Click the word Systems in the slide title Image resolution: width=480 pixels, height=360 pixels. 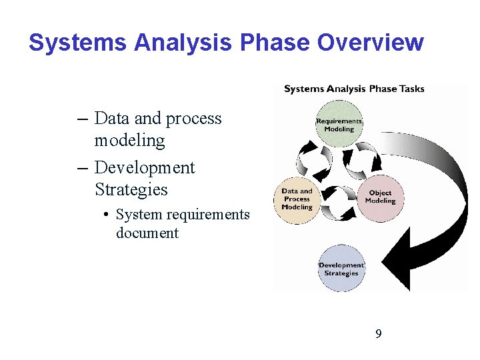pos(78,43)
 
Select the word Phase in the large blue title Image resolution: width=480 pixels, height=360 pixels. pos(275,43)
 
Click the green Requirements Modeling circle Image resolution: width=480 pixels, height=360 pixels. pos(339,125)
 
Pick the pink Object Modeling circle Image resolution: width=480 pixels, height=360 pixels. pos(381,197)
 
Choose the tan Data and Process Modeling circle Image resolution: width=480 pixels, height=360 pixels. pos(297,199)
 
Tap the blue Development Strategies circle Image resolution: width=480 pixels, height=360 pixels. pos(341,269)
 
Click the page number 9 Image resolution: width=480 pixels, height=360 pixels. pos(379,333)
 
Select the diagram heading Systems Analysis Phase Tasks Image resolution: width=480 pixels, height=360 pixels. pos(354,89)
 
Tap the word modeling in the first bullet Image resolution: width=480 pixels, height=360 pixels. pos(129,141)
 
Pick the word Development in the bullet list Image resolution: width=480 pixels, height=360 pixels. pos(145,167)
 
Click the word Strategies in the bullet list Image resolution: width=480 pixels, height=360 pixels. pos(131,189)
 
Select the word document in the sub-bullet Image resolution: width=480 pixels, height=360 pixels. pos(147,233)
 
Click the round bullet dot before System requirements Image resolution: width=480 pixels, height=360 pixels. pos(107,215)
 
